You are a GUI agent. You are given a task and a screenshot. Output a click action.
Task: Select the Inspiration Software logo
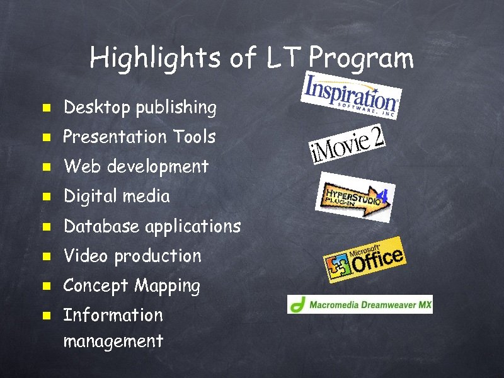coord(351,94)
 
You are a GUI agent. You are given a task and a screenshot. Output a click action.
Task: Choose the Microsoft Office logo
coord(364,260)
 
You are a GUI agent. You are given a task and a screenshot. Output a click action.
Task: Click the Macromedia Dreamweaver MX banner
coord(360,304)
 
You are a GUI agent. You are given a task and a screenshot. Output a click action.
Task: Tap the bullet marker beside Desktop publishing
coord(46,108)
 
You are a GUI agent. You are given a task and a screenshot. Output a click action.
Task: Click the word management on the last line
coord(113,342)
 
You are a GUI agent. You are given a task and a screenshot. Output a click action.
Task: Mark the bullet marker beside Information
coord(46,315)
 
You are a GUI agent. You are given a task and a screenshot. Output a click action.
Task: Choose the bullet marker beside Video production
coord(46,256)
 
